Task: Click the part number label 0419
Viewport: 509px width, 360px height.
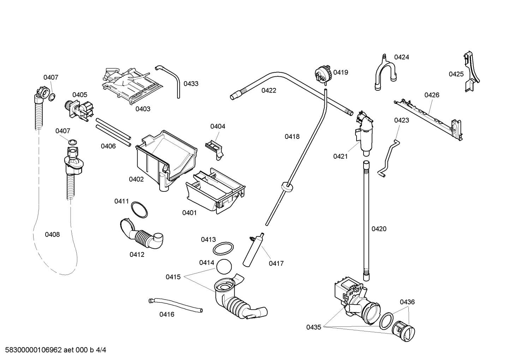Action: click(x=341, y=72)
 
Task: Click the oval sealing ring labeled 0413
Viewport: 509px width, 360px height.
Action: click(x=223, y=248)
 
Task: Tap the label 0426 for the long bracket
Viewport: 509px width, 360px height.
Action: click(x=432, y=95)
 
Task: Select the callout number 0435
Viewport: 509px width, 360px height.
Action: click(x=313, y=327)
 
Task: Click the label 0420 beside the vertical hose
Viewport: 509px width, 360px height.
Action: click(x=379, y=229)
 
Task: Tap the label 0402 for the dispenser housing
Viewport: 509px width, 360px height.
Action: click(x=136, y=179)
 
